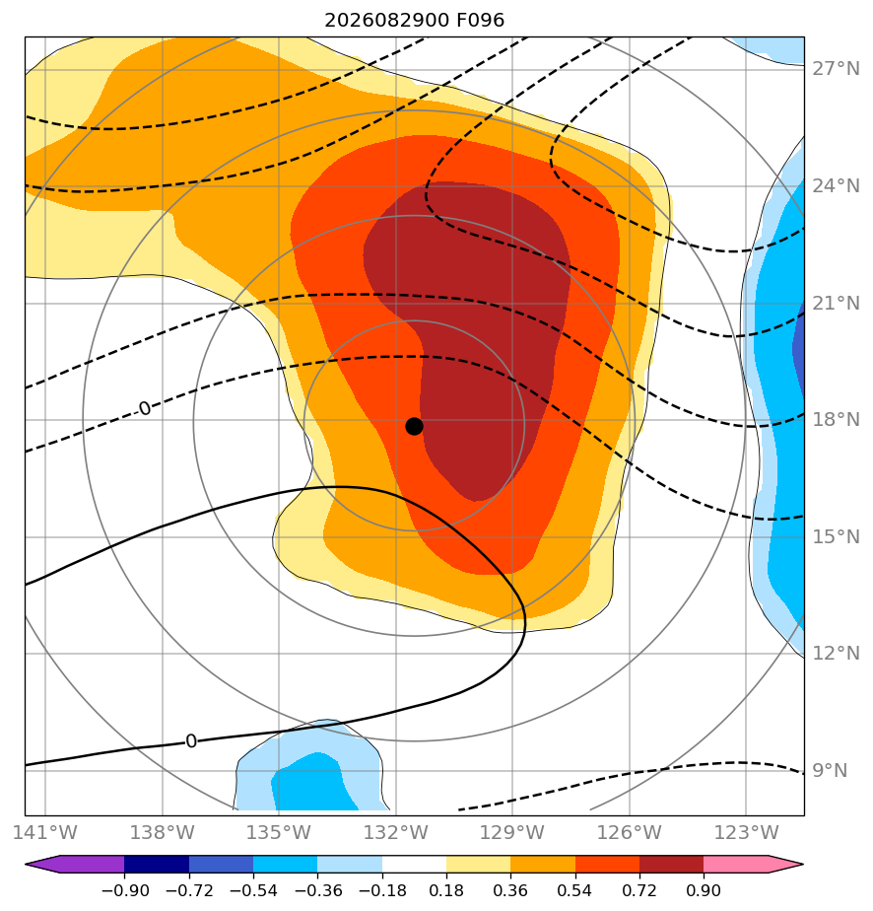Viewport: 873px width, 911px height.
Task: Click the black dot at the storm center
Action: [414, 427]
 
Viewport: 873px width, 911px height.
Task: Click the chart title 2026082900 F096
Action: [415, 21]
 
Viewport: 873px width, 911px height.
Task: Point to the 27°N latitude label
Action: [836, 69]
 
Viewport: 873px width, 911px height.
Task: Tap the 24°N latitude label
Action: [836, 186]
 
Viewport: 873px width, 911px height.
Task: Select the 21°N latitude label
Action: [836, 304]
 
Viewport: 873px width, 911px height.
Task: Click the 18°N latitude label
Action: [836, 419]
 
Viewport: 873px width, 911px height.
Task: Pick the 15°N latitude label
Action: [836, 536]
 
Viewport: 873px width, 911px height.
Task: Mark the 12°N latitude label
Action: [836, 654]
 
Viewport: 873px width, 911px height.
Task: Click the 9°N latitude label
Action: [830, 771]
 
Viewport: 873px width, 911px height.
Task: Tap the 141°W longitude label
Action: [45, 833]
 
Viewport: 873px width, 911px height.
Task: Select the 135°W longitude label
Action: [279, 833]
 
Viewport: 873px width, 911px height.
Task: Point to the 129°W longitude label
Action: [512, 833]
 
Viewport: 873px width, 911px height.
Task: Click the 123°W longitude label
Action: [746, 833]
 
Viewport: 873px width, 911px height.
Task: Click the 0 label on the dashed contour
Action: [145, 409]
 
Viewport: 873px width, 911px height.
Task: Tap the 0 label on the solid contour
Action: [191, 741]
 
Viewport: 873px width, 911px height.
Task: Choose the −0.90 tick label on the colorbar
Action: [124, 890]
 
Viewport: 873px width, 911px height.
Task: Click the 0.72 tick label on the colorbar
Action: [639, 890]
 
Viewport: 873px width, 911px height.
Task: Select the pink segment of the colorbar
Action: [735, 864]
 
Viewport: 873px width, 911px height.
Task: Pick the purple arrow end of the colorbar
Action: [42, 864]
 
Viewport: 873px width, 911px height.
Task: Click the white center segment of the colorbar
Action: [414, 864]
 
